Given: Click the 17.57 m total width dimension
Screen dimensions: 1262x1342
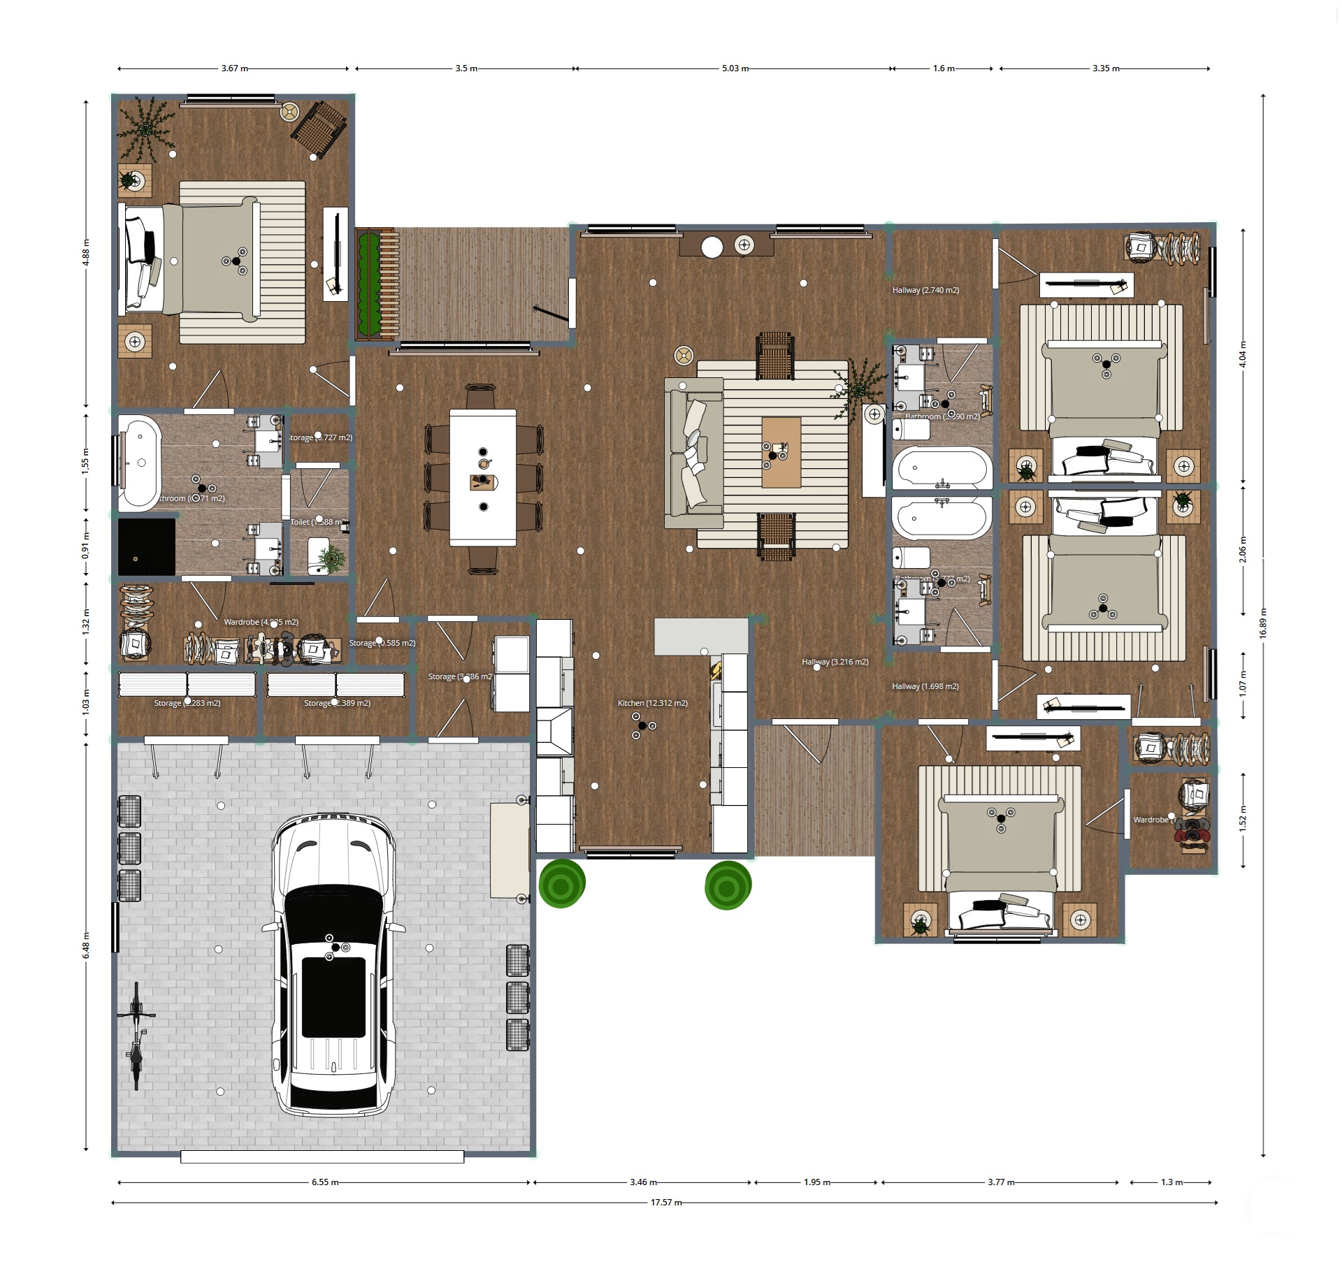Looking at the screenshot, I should [665, 1203].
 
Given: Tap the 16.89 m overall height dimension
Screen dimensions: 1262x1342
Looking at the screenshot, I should [1262, 623].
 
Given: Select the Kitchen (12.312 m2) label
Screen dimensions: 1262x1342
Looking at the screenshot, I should [652, 703].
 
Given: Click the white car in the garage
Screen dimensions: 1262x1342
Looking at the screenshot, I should [334, 964].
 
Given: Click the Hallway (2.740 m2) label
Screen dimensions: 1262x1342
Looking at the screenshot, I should [925, 290].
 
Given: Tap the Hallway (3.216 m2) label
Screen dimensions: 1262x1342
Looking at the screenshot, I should [835, 662].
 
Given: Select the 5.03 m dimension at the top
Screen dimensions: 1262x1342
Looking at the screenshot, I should [735, 68].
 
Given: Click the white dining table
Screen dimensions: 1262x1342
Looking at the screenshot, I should [483, 477].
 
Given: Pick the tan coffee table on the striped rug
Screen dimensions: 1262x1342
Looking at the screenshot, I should [781, 452].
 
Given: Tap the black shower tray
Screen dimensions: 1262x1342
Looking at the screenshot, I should [146, 546].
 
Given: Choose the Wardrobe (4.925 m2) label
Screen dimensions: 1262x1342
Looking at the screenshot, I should [261, 622].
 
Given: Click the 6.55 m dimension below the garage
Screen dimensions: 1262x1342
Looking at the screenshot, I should [324, 1182].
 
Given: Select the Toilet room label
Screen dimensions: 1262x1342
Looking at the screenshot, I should [316, 522].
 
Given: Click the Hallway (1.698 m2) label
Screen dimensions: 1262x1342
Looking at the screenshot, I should [925, 686].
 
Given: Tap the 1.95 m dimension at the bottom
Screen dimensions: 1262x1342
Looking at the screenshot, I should [816, 1182].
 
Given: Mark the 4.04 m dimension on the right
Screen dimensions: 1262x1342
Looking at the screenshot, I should [1242, 354].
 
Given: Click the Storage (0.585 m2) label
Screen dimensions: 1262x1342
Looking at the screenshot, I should [382, 643].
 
